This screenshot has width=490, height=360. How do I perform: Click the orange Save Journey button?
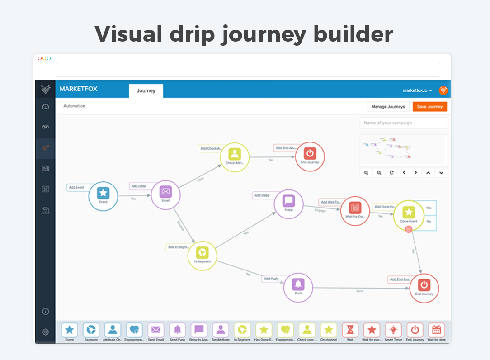429,107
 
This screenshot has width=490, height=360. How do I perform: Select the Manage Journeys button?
388,107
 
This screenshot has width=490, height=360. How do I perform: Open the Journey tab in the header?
146,90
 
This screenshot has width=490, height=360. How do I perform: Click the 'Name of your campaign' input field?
404,123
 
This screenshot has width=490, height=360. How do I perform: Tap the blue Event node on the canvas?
103,196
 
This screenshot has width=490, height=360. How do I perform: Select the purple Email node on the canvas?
165,194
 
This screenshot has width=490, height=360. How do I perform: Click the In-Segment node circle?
203,255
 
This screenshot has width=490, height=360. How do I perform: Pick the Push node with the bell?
298,287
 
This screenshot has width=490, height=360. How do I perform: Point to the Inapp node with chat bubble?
288,203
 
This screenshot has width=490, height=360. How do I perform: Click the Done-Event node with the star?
409,215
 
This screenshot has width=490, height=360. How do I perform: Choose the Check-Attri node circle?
235,156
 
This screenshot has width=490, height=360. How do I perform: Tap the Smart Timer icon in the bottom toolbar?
393,332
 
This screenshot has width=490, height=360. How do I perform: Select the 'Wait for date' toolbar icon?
436,332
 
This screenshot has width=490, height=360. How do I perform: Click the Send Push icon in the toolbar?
178,332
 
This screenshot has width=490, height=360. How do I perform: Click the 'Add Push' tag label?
271,279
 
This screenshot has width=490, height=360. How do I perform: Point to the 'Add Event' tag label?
76,187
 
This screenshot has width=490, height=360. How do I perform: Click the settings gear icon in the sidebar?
46,332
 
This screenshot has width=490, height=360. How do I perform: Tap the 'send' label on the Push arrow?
360,291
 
